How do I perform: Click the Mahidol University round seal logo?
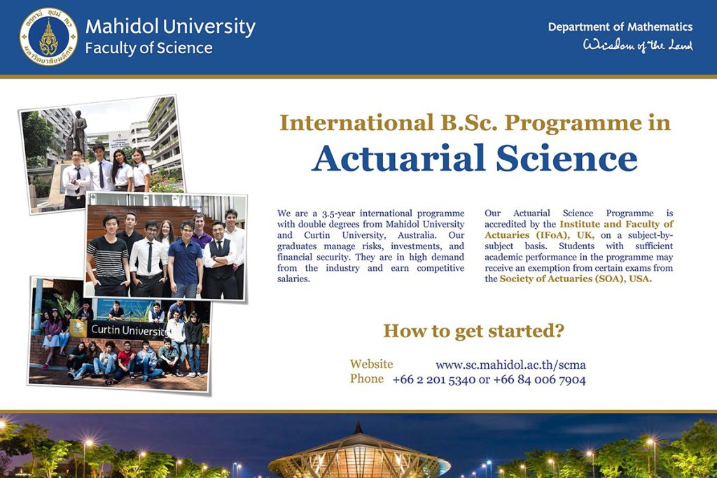48,36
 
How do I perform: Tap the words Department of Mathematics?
620,27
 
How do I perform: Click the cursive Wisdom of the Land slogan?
637,45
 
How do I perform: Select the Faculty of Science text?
148,48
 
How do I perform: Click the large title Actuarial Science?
474,158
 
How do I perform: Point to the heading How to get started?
474,330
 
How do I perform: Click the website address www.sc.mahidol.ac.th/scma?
510,365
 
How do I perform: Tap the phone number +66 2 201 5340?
434,379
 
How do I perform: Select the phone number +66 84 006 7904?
540,379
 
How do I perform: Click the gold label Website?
371,364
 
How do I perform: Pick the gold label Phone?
367,379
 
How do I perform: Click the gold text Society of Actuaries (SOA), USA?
576,279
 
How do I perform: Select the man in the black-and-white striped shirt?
109,255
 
